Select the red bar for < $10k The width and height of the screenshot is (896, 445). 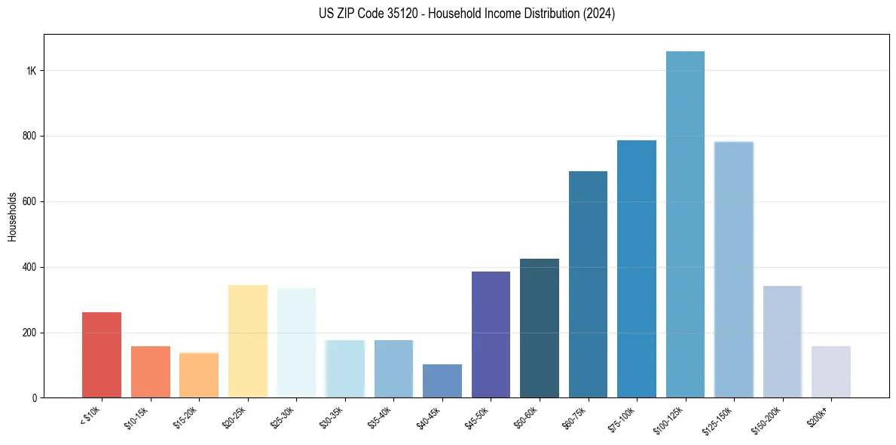(102, 354)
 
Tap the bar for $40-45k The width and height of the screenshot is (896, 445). (442, 381)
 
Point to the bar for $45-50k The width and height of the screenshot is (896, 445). (491, 335)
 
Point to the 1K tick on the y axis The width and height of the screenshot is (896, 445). (32, 71)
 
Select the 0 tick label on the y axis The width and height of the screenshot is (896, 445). (35, 397)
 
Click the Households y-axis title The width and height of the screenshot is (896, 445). (13, 216)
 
